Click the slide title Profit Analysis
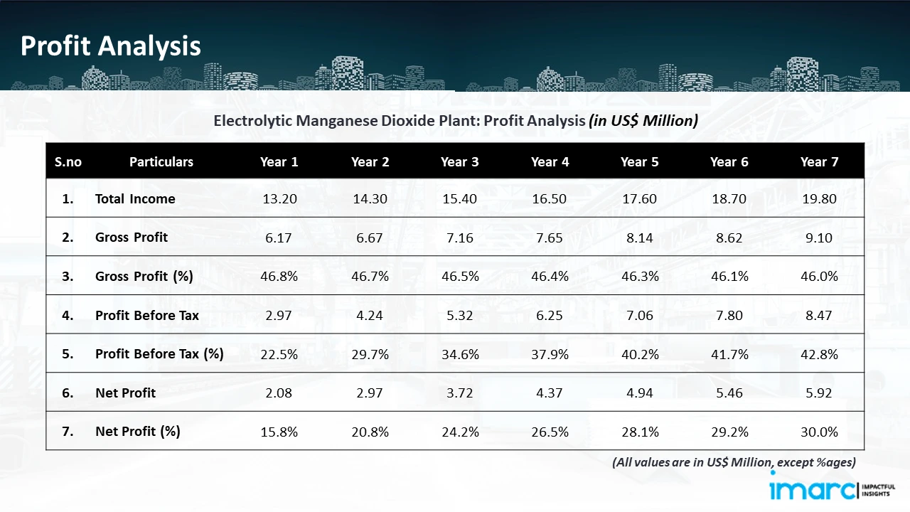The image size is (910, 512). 111,46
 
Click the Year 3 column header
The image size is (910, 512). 459,161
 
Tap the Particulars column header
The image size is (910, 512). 161,161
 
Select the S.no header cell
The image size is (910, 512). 68,161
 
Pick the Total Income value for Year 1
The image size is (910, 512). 279,199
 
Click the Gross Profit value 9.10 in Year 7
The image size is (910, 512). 819,238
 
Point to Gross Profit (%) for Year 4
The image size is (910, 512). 550,277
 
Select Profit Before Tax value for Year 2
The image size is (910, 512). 370,316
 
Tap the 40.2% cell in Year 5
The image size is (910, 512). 639,354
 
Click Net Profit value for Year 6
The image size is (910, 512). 729,393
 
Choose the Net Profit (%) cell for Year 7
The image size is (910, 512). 819,432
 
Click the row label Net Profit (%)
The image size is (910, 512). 138,431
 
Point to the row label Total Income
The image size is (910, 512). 135,199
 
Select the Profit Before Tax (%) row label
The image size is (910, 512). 159,353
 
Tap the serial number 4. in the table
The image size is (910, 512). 68,315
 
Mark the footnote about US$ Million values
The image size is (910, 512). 734,462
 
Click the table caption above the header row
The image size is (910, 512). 456,121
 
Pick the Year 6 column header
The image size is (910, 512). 729,161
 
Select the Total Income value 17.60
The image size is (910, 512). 639,199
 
